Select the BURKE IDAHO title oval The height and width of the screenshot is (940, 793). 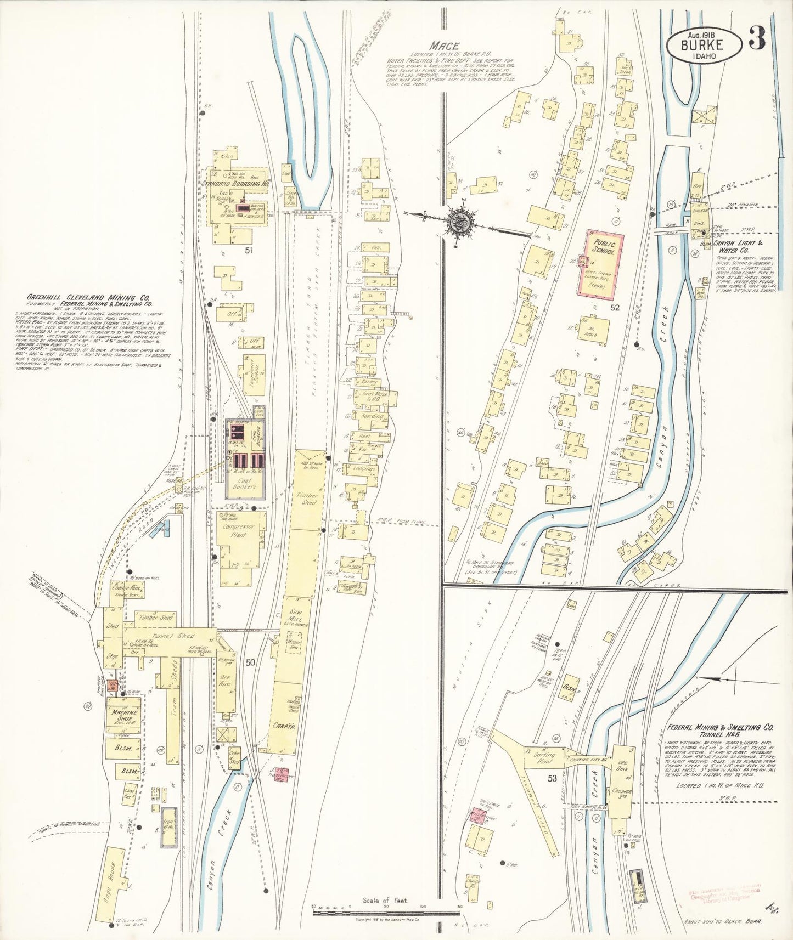(704, 46)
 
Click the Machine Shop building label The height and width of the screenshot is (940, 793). (125, 715)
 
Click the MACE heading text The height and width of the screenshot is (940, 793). (444, 46)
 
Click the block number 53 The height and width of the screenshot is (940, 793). (552, 778)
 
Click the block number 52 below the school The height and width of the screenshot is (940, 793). (614, 308)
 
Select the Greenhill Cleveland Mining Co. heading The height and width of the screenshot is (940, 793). (90, 299)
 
